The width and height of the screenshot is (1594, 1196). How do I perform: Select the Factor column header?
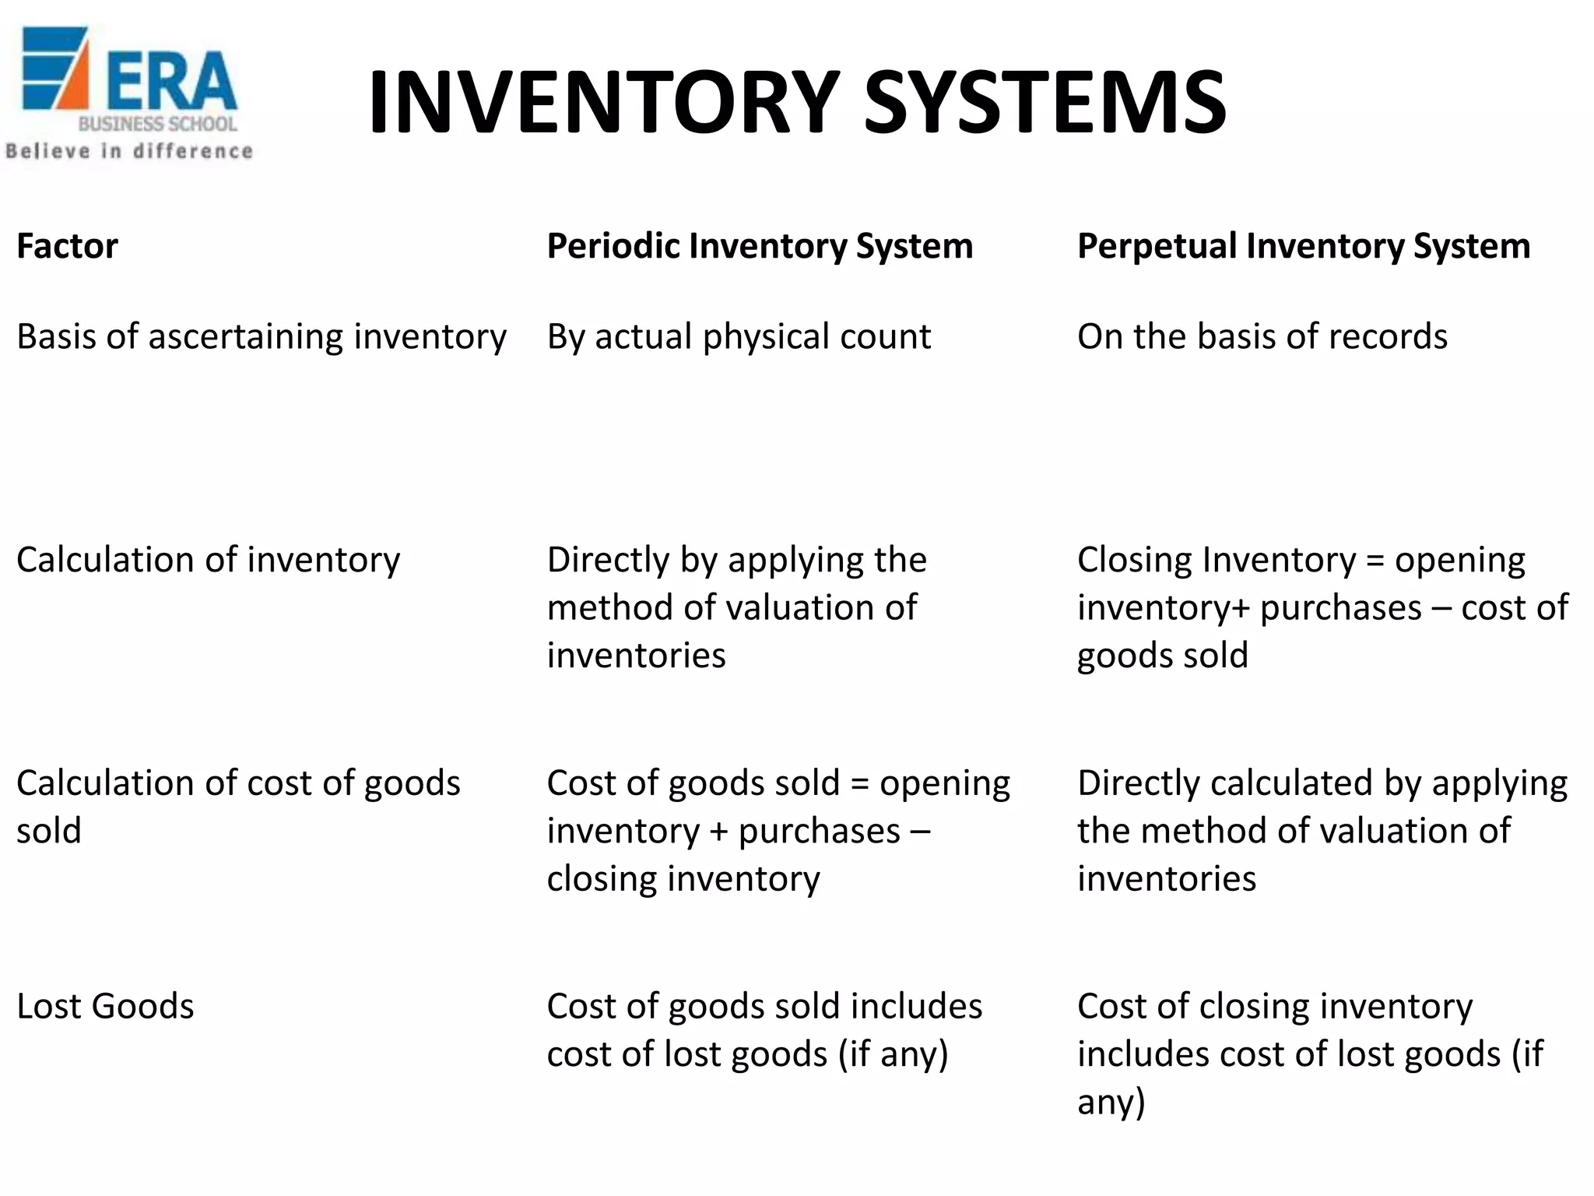[x=67, y=246]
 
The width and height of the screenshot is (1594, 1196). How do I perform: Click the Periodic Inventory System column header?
[x=760, y=246]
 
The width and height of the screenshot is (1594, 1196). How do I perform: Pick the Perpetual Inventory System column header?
[x=1304, y=246]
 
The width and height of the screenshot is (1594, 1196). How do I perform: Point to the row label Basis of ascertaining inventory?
[x=262, y=336]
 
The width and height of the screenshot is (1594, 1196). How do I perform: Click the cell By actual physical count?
[x=739, y=336]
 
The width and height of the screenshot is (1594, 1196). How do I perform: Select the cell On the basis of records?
[x=1262, y=336]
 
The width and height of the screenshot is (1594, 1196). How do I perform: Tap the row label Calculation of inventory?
[x=208, y=560]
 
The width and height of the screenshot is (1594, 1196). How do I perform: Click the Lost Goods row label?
[x=105, y=1006]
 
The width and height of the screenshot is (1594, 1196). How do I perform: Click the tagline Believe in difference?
[x=129, y=151]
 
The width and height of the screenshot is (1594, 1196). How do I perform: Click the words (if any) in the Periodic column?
[x=893, y=1054]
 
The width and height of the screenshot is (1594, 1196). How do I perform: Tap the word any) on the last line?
[x=1111, y=1102]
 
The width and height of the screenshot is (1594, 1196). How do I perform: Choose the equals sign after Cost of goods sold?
[x=859, y=784]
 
